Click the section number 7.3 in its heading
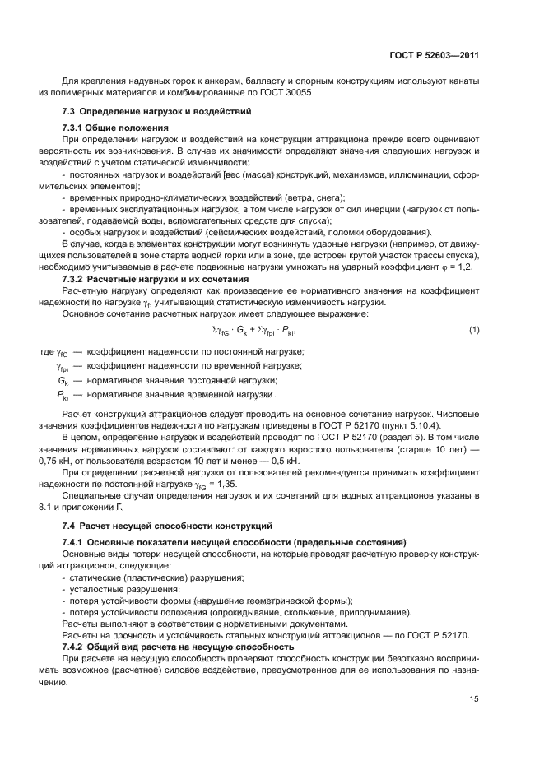[x=69, y=111]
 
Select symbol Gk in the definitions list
[x=63, y=380]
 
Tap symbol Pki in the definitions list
[x=63, y=394]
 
